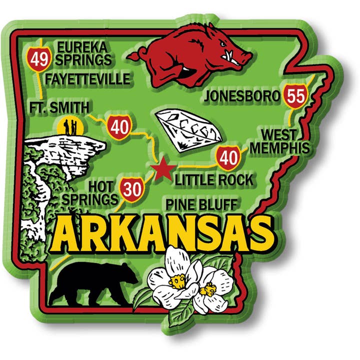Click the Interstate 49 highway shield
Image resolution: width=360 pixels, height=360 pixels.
(38, 59)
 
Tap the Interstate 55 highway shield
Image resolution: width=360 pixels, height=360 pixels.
(295, 95)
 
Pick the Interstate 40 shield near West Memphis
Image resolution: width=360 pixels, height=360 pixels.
(228, 157)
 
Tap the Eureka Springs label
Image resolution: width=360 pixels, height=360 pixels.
(83, 53)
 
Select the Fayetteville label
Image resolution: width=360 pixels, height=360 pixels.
(87, 79)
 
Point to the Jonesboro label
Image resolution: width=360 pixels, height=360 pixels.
(240, 96)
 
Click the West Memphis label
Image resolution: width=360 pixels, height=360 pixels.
(279, 141)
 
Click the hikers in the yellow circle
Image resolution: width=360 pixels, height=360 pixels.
(69, 125)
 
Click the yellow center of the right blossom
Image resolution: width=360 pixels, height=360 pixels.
(207, 288)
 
